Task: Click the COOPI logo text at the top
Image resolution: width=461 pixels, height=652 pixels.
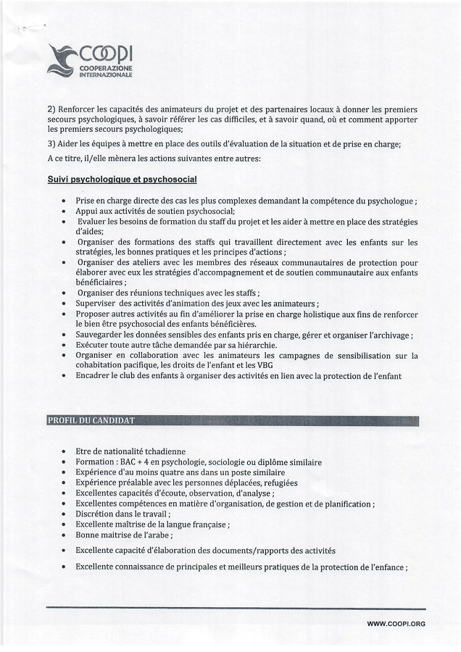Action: (x=106, y=55)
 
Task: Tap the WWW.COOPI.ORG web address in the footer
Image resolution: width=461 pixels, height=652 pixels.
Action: (x=396, y=624)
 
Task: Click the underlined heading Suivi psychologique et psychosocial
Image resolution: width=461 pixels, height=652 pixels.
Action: (x=122, y=179)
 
